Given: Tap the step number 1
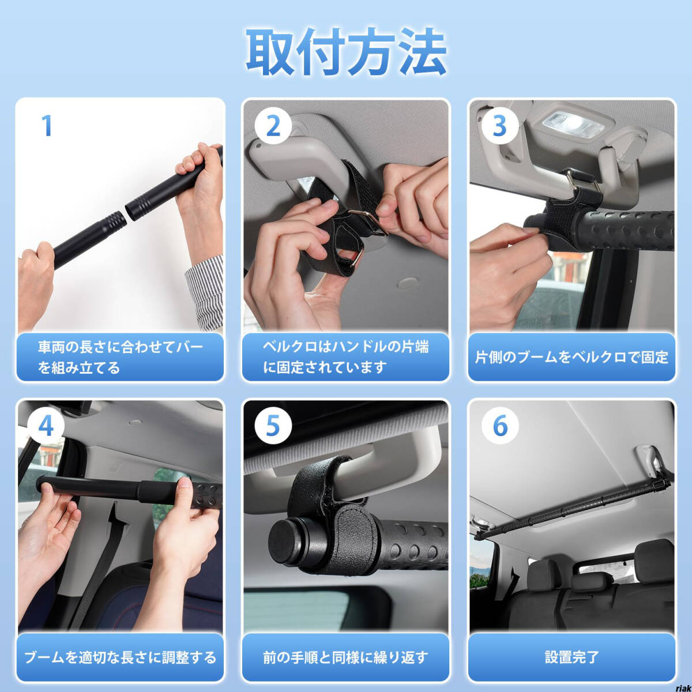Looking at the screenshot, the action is [x=47, y=125].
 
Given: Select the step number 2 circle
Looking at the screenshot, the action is [x=273, y=126].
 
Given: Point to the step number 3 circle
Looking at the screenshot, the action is [x=499, y=126].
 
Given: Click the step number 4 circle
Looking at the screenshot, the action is [x=46, y=426].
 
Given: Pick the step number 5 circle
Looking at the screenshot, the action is [x=273, y=426].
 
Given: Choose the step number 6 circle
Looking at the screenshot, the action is [x=499, y=426].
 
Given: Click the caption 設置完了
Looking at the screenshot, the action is [x=571, y=657].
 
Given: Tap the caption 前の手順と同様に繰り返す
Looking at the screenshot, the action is [x=345, y=657].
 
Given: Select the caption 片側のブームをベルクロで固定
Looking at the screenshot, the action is [x=571, y=357].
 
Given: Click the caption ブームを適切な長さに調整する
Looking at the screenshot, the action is [x=121, y=657].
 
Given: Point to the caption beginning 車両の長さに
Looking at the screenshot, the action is [x=121, y=357].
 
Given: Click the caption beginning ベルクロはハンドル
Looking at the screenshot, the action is [x=345, y=357].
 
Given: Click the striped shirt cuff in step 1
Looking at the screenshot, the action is [x=204, y=293].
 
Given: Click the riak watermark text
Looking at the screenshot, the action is [x=683, y=688].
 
